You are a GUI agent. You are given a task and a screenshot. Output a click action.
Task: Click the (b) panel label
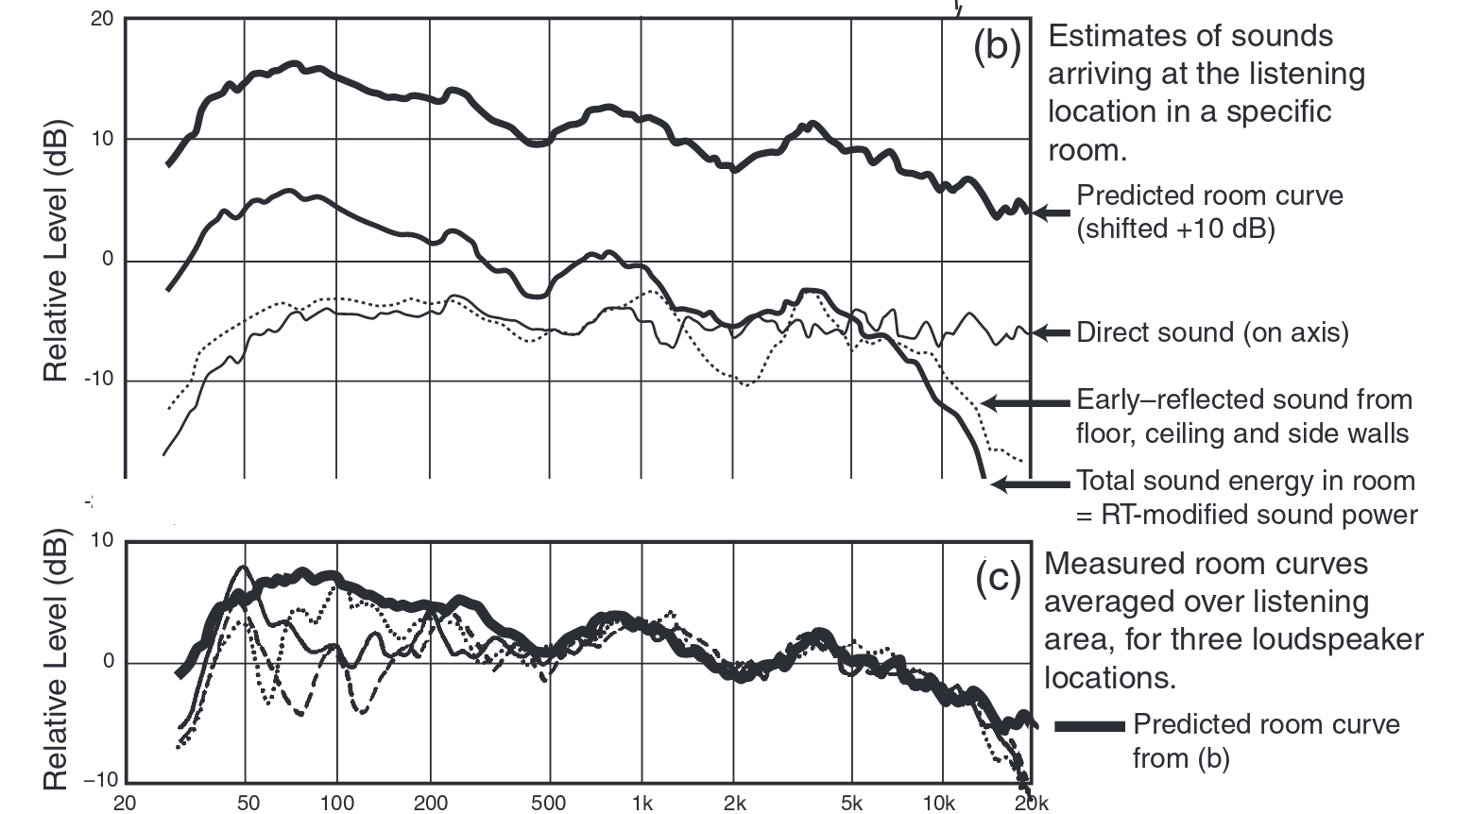click(997, 47)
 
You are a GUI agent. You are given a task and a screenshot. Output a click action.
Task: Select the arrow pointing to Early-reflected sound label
click(1025, 403)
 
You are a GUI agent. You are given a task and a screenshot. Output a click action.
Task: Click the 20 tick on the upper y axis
click(102, 19)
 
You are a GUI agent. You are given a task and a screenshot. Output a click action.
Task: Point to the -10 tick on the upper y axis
click(96, 380)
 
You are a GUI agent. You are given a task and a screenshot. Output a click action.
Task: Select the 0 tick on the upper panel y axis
click(107, 259)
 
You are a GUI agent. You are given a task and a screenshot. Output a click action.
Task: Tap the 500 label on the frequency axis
click(548, 804)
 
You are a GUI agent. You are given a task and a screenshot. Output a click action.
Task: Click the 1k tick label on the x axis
click(642, 804)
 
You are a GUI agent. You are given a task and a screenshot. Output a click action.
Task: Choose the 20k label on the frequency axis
click(1031, 804)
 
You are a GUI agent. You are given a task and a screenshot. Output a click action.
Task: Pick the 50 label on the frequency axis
click(247, 804)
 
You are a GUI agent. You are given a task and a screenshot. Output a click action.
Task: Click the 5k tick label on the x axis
click(851, 804)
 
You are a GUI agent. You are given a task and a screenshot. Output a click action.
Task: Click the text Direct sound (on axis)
click(1212, 332)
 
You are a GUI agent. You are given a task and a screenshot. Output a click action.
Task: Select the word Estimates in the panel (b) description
click(1115, 36)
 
